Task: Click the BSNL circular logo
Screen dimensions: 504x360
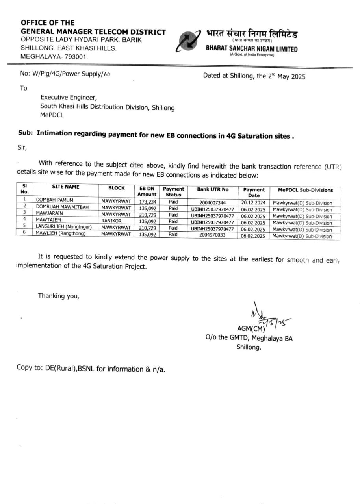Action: (x=189, y=41)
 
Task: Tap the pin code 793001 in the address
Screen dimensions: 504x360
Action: (x=76, y=57)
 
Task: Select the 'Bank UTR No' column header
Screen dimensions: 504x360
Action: (x=213, y=189)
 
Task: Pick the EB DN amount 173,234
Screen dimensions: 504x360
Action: (x=147, y=202)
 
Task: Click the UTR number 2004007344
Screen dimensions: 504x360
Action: (x=213, y=203)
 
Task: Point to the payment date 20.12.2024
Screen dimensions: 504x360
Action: (x=254, y=202)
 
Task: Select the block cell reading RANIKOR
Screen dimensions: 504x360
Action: (x=111, y=221)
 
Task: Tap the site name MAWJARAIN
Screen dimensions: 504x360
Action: (x=50, y=214)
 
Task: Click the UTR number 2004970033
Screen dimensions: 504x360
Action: (x=213, y=235)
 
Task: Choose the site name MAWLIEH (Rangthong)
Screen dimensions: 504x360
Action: (x=61, y=234)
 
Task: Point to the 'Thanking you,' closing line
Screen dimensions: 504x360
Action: (x=58, y=296)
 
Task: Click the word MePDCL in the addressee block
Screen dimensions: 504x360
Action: (x=52, y=115)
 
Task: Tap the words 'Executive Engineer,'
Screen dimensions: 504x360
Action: (x=69, y=97)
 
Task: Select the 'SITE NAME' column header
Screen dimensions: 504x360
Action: (x=65, y=187)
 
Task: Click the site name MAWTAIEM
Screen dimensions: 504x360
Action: (x=49, y=220)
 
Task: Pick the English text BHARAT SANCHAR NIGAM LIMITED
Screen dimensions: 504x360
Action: (x=252, y=49)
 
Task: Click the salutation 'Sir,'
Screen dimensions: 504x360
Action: (x=21, y=148)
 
